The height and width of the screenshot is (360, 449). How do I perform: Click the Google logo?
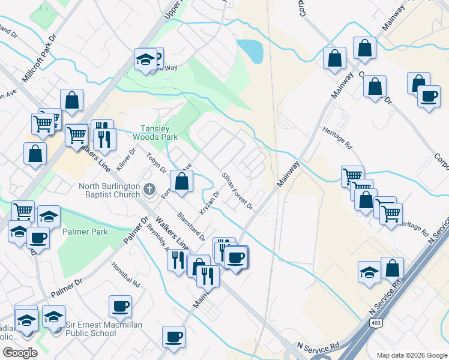[20, 353]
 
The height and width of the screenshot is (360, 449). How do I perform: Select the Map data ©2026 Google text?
[412, 355]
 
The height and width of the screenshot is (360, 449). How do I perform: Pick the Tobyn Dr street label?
[156, 164]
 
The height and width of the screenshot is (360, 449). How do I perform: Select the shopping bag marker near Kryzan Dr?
[181, 181]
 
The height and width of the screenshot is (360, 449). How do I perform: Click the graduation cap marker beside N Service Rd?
[369, 271]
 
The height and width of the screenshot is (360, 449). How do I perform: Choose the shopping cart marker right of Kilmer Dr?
[77, 135]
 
